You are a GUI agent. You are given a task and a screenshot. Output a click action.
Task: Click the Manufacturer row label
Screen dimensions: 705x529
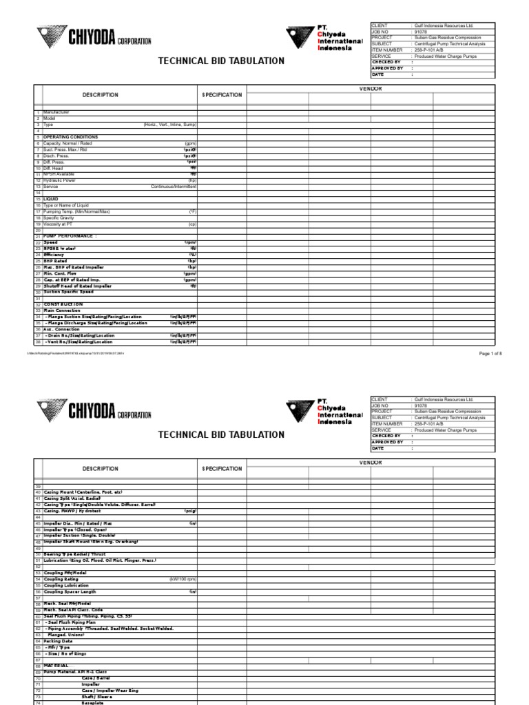click(56, 112)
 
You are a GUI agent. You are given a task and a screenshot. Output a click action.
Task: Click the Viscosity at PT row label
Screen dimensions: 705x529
click(60, 224)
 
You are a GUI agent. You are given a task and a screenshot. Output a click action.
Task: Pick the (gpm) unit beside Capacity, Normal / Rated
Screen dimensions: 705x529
click(191, 143)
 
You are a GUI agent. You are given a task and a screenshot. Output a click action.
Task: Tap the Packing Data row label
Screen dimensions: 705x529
click(59, 641)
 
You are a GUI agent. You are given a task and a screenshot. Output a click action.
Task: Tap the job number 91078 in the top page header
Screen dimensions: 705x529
click(419, 32)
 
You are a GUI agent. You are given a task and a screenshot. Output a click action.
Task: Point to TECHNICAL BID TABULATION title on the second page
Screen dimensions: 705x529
click(221, 434)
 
